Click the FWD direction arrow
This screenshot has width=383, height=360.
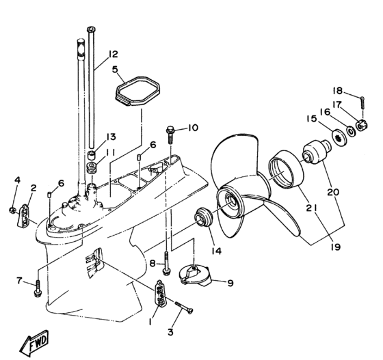point(34,343)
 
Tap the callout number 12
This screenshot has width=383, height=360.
point(113,54)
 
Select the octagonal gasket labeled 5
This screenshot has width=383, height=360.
point(137,91)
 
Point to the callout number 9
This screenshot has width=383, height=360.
point(230,283)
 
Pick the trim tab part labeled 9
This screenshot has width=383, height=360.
point(195,275)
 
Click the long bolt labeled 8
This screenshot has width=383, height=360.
point(167,264)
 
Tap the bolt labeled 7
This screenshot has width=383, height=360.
point(38,289)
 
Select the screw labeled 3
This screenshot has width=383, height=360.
point(184,307)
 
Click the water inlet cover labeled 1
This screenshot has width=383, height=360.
point(161,292)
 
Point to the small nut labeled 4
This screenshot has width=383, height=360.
point(12,210)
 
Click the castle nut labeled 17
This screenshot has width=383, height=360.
point(362,125)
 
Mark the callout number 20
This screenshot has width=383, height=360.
point(334,192)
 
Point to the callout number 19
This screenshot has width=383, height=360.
point(336,247)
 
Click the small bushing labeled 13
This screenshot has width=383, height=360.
point(92,155)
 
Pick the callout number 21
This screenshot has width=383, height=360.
point(312,208)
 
